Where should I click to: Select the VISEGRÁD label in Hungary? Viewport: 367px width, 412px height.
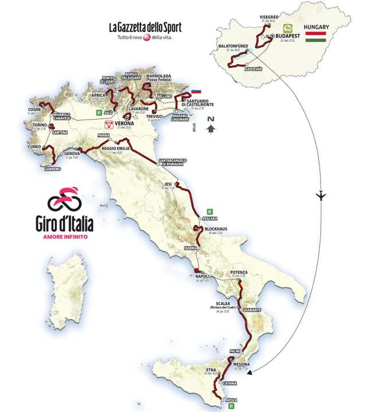[268, 17]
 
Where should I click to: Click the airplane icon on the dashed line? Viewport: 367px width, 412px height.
[321, 196]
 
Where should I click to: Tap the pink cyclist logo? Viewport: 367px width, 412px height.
[64, 199]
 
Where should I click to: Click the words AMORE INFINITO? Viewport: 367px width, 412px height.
[65, 236]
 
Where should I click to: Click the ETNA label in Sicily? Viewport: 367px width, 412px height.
[211, 371]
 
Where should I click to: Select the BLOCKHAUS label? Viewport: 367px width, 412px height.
[216, 229]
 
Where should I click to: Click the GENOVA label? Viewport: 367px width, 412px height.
[72, 153]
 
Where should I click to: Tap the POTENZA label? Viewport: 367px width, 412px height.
[238, 272]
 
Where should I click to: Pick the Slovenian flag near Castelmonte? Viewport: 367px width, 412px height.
[196, 91]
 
